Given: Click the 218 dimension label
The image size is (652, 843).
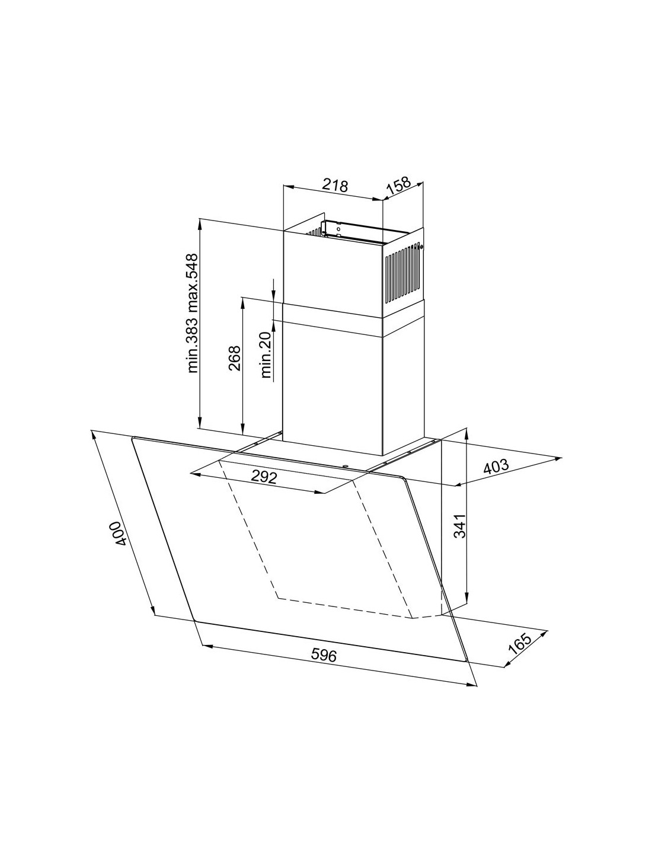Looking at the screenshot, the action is [x=336, y=186].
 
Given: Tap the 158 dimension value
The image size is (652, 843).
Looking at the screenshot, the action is [x=398, y=186].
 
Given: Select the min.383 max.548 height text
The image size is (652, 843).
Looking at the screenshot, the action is [x=192, y=313].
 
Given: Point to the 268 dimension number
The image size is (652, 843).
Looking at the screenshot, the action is [x=235, y=358].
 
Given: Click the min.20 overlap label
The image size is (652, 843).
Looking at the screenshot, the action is [x=266, y=355].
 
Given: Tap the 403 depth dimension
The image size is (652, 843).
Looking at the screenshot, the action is [x=496, y=468].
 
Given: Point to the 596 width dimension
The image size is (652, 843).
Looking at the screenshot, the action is [x=324, y=655].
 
